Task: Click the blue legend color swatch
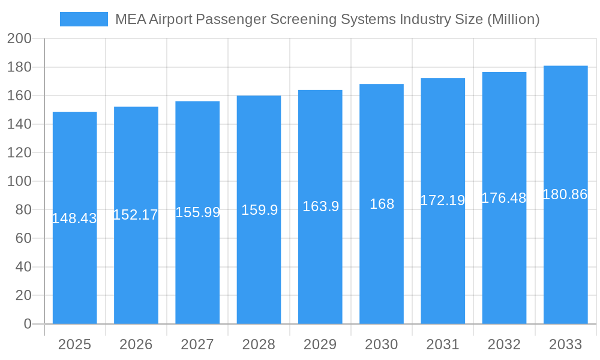point(84,19)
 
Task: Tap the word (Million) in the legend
point(512,19)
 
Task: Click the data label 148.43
point(75,218)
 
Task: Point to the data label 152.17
point(136,215)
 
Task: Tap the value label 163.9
point(320,206)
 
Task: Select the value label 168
point(382,204)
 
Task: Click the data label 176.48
point(504,198)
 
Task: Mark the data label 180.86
point(565,194)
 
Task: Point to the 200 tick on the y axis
point(19,39)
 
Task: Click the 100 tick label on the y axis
point(19,181)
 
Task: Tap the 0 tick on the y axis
point(27,324)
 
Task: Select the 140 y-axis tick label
point(19,124)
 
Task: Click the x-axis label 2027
point(197,344)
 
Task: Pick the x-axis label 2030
point(382,344)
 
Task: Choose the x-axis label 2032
point(504,344)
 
